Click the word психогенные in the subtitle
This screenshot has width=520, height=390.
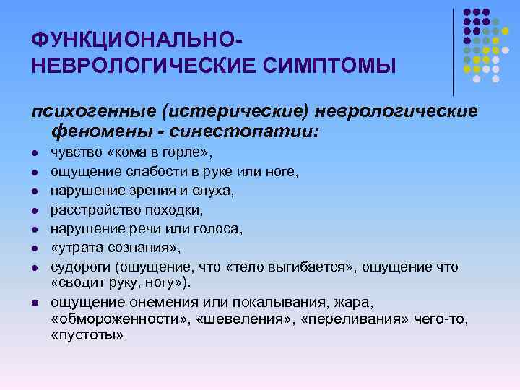93,112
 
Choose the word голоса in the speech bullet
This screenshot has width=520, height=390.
220,229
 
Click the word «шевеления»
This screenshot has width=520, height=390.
225,318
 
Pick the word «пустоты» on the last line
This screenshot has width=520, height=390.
87,336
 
